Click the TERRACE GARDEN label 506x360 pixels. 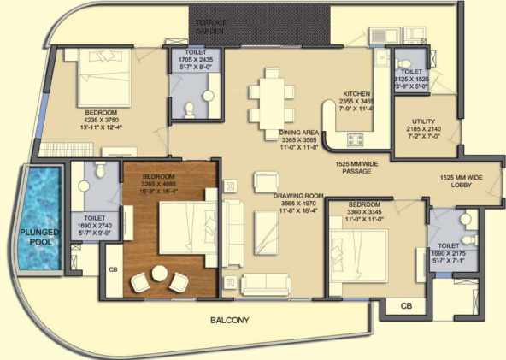tap(210, 26)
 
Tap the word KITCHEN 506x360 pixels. tap(356, 93)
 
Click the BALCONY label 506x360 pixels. tap(230, 321)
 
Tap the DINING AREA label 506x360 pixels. tap(298, 133)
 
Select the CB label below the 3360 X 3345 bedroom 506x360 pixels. tap(407, 306)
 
